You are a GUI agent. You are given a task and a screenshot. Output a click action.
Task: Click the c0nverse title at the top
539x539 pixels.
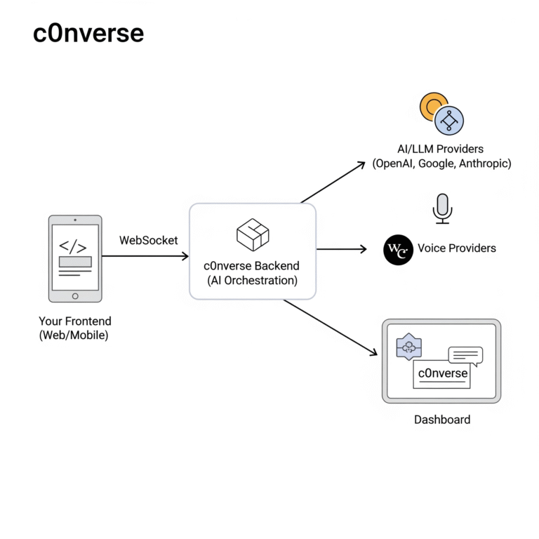tap(88, 33)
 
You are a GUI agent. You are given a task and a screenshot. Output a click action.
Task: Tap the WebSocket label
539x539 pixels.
tap(148, 240)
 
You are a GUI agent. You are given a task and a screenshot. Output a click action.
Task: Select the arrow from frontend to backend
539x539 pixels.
tap(145, 256)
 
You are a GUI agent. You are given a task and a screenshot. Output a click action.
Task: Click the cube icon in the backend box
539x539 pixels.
tap(253, 234)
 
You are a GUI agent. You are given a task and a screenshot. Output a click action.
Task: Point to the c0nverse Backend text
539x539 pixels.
tap(252, 266)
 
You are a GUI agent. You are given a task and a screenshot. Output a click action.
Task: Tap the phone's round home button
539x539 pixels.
tap(75, 296)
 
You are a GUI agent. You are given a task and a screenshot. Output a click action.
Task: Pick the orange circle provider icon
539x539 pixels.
tap(431, 105)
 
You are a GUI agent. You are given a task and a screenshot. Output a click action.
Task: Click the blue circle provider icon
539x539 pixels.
tap(450, 120)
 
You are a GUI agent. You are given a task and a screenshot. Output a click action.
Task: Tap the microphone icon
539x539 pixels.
tap(442, 208)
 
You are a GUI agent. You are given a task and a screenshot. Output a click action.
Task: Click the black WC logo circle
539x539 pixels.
tap(398, 251)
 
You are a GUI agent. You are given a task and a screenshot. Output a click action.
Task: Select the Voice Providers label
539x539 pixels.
tap(456, 248)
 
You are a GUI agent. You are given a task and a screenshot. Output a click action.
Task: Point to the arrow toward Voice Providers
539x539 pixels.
tap(341, 248)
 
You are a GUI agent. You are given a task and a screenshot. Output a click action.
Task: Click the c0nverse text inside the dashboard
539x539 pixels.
tap(443, 373)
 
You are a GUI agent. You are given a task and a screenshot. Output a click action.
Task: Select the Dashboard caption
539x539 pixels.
tap(442, 420)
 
